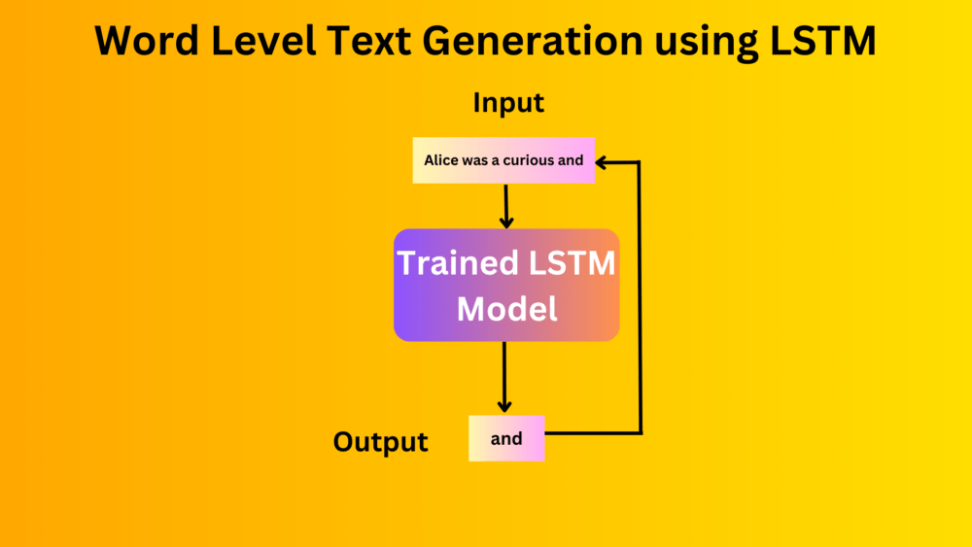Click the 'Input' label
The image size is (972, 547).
click(508, 103)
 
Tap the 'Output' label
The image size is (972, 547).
click(380, 442)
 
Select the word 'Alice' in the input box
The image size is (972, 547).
click(441, 160)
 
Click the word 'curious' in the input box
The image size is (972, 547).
click(529, 160)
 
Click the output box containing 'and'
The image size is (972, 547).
click(506, 438)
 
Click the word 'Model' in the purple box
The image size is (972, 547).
click(506, 309)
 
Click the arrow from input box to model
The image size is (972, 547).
click(505, 205)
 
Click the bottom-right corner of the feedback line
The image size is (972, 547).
click(640, 431)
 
